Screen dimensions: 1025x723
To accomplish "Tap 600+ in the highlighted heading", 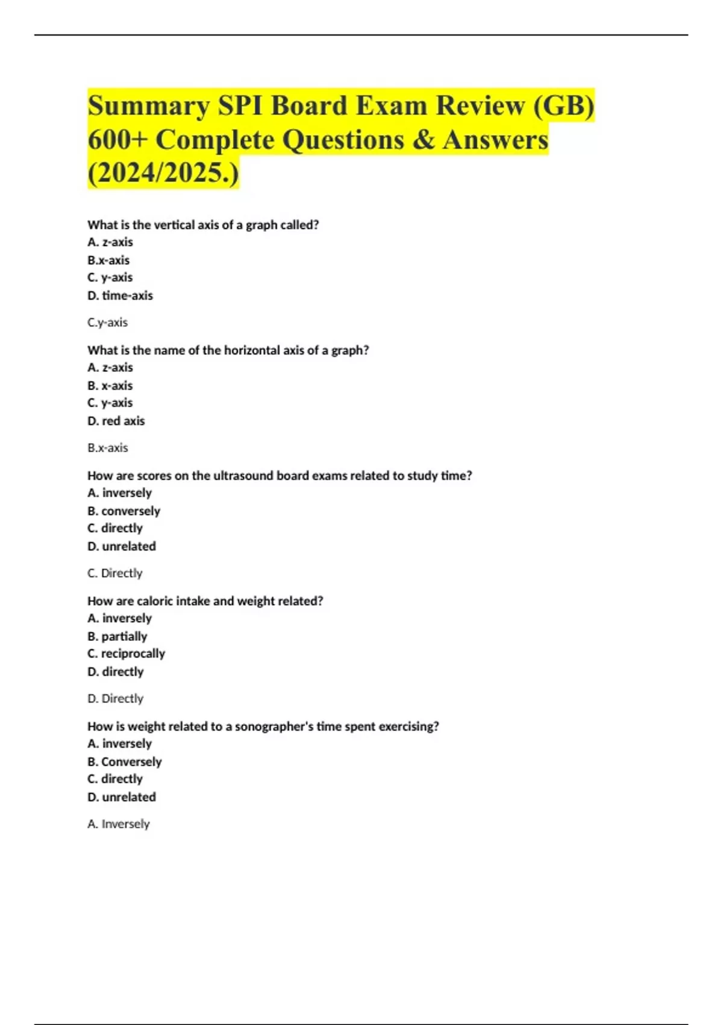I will pyautogui.click(x=117, y=140).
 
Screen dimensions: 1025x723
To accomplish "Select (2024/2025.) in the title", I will pyautogui.click(x=163, y=174).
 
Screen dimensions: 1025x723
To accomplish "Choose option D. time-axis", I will pyautogui.click(x=120, y=295).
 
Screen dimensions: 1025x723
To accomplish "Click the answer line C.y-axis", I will pyautogui.click(x=107, y=323).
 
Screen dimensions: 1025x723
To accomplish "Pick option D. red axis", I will pyautogui.click(x=116, y=421).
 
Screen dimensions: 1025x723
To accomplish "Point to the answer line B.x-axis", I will pyautogui.click(x=107, y=448).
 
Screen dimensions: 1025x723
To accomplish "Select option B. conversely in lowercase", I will pyautogui.click(x=124, y=511).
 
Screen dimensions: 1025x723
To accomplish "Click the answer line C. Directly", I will pyautogui.click(x=114, y=573).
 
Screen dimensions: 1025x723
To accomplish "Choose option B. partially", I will pyautogui.click(x=117, y=636).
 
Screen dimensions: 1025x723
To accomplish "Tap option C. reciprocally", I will pyautogui.click(x=126, y=654).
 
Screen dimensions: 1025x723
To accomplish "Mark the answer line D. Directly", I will pyautogui.click(x=115, y=699).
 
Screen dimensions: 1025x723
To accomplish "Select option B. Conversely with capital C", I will pyautogui.click(x=124, y=762).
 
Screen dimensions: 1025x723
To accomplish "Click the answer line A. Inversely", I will pyautogui.click(x=118, y=824).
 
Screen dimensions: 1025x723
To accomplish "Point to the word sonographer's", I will pyautogui.click(x=274, y=727).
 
